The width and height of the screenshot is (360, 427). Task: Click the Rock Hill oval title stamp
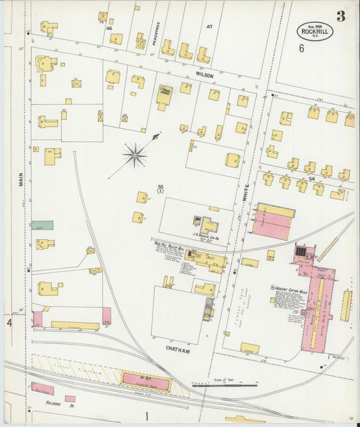point(315,30)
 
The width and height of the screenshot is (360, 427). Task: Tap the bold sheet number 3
point(340,16)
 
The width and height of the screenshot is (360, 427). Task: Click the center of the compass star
point(135,155)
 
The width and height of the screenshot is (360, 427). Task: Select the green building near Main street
point(42,225)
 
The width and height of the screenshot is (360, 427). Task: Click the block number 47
point(209,26)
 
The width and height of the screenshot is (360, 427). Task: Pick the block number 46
point(108,28)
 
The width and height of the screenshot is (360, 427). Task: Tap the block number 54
point(311,178)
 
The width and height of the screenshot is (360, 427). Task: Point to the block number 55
point(161,187)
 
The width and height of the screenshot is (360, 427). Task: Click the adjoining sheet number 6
point(301,48)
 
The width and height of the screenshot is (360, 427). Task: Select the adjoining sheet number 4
point(9,324)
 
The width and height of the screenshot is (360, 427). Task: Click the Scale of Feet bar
point(233,386)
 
